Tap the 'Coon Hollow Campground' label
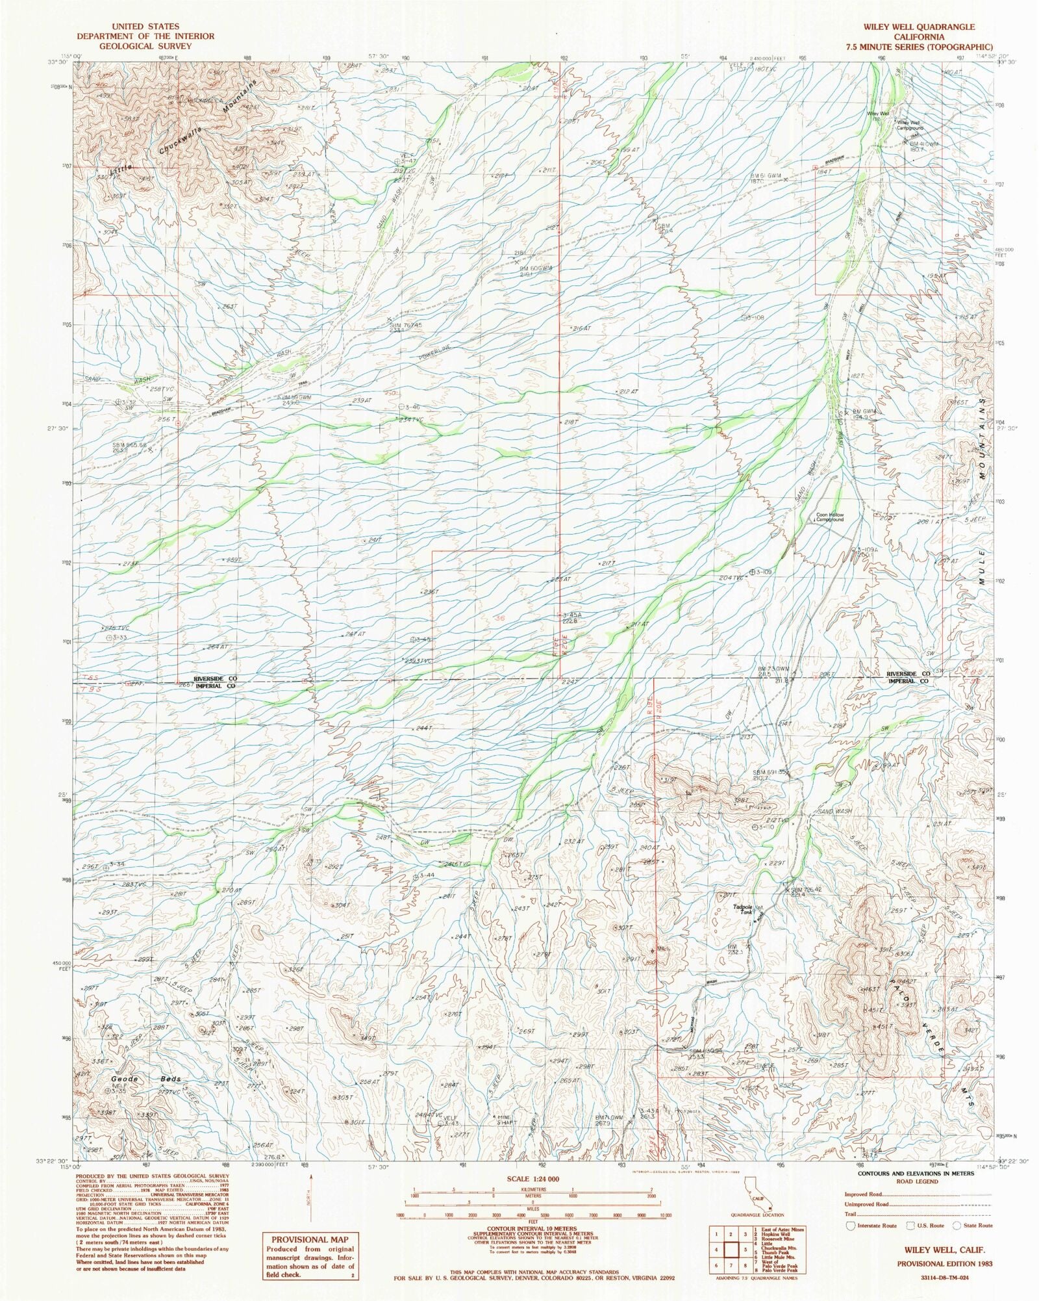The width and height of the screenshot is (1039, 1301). pyautogui.click(x=829, y=518)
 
